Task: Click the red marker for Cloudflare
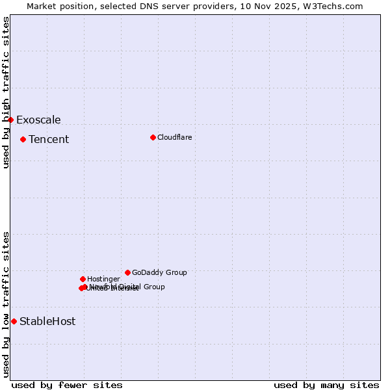click(153, 137)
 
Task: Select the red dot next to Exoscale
click(10, 120)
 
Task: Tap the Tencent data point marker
click(23, 139)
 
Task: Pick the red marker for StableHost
click(14, 321)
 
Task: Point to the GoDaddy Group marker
click(127, 272)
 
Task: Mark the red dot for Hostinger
click(83, 279)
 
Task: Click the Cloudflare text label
click(174, 137)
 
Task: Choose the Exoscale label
click(38, 120)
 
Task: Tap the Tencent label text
click(49, 139)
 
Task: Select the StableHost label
click(47, 321)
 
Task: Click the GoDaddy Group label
click(159, 272)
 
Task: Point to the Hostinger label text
click(103, 279)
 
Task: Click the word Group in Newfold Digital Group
click(154, 287)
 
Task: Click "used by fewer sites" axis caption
click(67, 385)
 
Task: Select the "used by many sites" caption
click(326, 385)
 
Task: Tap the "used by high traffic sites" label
click(6, 92)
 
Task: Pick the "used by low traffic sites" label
click(6, 304)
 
